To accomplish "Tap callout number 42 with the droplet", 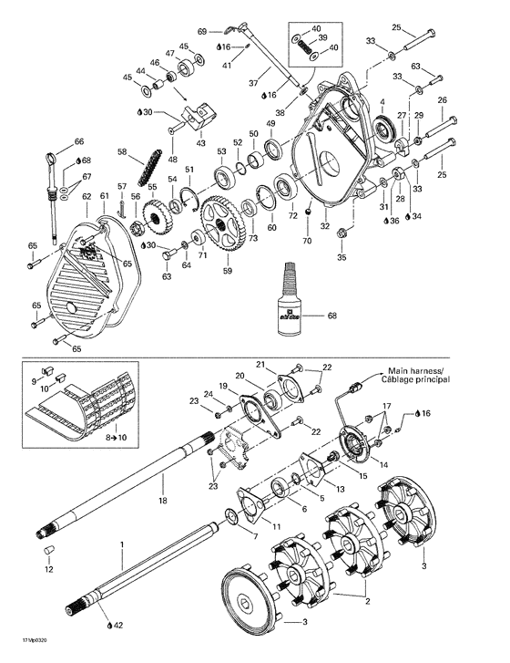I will [x=117, y=627].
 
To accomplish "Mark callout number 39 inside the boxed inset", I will [x=321, y=37].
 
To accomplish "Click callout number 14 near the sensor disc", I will [x=383, y=465].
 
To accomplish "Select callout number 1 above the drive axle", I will [x=121, y=544].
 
